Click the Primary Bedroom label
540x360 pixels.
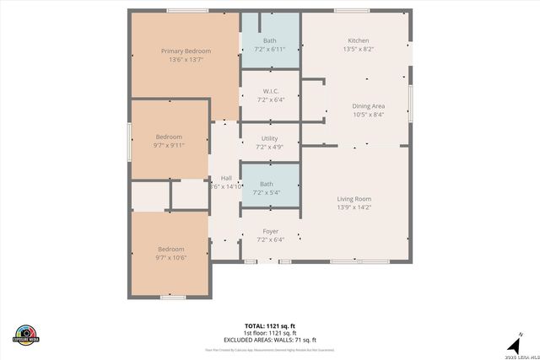[186, 51]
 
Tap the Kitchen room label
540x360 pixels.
[359, 40]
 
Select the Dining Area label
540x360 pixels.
[368, 106]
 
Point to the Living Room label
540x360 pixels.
[354, 198]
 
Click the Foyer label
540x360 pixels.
[270, 231]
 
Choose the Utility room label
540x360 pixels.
[269, 138]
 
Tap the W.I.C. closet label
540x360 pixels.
[270, 92]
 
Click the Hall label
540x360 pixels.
[226, 178]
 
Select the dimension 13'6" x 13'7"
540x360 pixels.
[186, 60]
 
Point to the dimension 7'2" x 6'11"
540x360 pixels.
[269, 49]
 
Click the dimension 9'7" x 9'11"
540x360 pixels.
[169, 145]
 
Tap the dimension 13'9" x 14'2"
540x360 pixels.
[354, 207]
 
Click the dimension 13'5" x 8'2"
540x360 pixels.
[359, 49]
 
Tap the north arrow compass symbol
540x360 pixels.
[512, 346]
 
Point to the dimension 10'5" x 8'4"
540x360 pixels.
[368, 115]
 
